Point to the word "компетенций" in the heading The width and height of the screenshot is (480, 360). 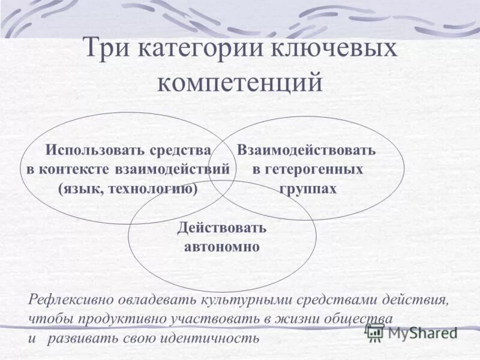[x=240, y=82]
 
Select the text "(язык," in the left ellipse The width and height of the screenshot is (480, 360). [x=78, y=189]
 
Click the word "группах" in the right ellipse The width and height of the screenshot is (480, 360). [x=308, y=189]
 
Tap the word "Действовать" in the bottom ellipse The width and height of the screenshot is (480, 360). [x=222, y=228]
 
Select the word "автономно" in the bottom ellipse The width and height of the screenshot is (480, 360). [x=222, y=247]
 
